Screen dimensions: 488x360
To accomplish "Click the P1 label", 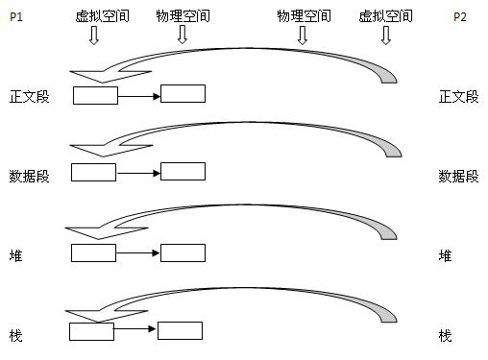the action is pos(15,16).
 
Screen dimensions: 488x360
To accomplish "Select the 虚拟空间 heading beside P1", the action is pos(94,16).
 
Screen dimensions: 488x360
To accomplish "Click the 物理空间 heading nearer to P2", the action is pos(303,16).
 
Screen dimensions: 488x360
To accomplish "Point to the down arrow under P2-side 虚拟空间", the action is pos(386,36).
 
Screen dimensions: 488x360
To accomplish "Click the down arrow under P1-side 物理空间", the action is pos(182,36).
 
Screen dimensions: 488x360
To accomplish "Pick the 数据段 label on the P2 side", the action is pos(458,176).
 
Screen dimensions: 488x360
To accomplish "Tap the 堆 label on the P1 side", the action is pos(15,255).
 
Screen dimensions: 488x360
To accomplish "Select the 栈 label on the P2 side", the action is pos(445,335).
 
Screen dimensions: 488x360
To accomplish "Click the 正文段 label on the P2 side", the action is pos(458,96).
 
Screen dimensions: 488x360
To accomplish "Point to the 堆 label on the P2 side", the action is pos(445,255).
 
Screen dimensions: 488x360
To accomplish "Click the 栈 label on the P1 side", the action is pos(15,335).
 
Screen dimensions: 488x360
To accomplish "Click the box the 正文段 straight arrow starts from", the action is pos(95,95).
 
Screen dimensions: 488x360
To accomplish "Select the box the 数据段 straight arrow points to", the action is pos(183,172).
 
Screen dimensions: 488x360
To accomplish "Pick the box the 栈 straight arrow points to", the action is pos(180,330).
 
